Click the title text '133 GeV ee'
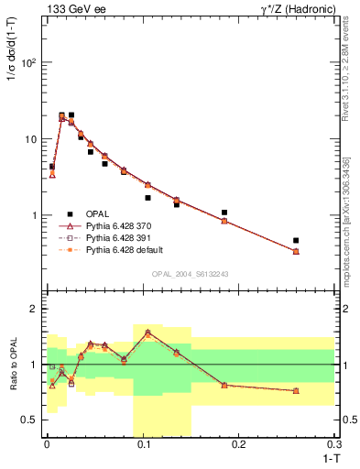pyautogui.click(x=71, y=8)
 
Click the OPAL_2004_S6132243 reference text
pyautogui.click(x=190, y=274)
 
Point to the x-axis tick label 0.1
pyautogui.click(x=143, y=444)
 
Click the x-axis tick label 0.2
pyautogui.click(x=239, y=444)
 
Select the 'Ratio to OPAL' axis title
pyautogui.click(x=12, y=363)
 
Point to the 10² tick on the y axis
pyautogui.click(x=29, y=63)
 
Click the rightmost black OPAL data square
pyautogui.click(x=296, y=241)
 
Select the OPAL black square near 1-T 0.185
pyautogui.click(x=224, y=213)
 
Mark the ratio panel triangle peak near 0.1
pyautogui.click(x=147, y=332)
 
